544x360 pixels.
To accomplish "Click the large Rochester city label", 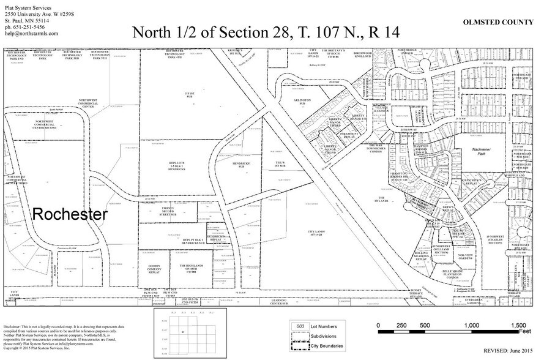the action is pyautogui.click(x=70, y=214).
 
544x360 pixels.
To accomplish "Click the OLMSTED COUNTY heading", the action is pyautogui.click(x=497, y=22).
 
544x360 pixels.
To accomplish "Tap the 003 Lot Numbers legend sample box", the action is pyautogui.click(x=300, y=326).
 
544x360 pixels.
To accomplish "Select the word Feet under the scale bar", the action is pyautogui.click(x=525, y=331).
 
